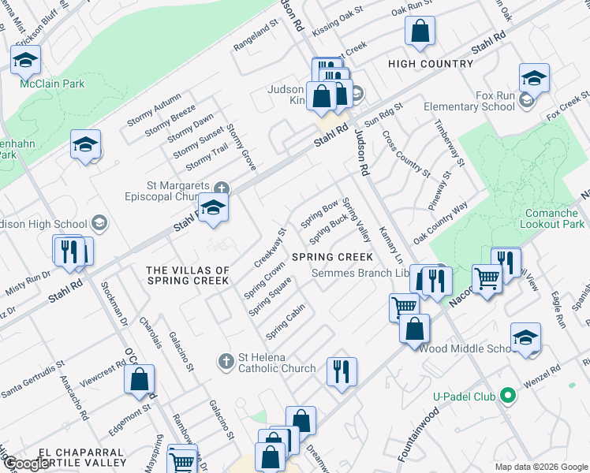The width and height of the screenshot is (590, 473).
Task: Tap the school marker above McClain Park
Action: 25,60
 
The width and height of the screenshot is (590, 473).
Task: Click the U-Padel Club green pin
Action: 509,395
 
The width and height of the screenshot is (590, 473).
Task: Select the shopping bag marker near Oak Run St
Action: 420,32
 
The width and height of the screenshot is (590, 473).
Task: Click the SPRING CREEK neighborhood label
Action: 332,257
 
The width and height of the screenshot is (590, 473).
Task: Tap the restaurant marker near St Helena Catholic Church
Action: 341,371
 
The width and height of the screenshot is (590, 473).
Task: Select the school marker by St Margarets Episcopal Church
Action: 212,207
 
